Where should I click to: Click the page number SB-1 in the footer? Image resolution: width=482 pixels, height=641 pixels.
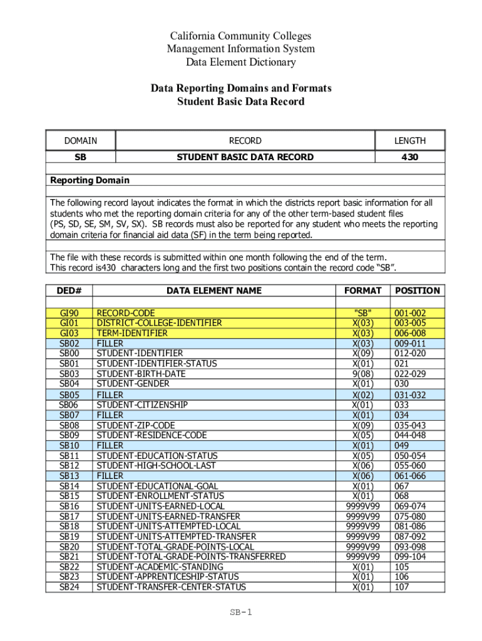point(240,612)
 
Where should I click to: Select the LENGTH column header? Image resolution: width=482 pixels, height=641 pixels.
point(409,141)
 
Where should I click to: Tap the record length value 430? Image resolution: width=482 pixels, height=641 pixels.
point(409,157)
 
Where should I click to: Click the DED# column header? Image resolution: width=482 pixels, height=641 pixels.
point(69,290)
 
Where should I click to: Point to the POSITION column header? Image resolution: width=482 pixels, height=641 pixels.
point(417,290)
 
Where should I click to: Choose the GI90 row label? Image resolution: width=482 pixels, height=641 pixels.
point(69,313)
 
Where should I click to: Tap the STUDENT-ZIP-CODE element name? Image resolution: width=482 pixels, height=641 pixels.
point(135,425)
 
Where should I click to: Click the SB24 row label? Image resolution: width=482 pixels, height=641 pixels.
point(69,587)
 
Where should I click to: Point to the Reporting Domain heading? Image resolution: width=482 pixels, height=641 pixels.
point(90,180)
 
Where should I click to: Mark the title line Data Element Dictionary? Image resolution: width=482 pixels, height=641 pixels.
point(240,62)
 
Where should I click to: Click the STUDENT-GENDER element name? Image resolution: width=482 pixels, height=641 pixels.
point(133,384)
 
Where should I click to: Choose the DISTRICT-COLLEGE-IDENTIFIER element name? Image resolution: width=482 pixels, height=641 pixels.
point(159,323)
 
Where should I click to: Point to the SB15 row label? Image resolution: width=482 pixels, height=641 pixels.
point(69,496)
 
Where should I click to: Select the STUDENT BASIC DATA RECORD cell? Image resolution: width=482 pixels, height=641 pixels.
point(245,157)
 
